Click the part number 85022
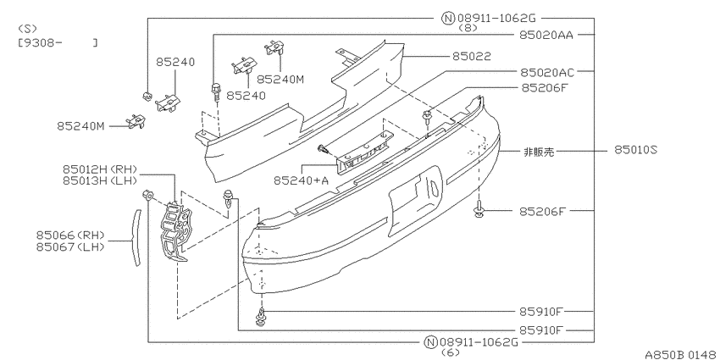pyautogui.click(x=472, y=56)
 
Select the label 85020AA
pyautogui.click(x=546, y=35)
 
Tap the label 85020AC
pyautogui.click(x=547, y=72)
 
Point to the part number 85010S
pyautogui.click(x=636, y=150)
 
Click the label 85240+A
pyautogui.click(x=302, y=180)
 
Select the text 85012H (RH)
pyautogui.click(x=100, y=169)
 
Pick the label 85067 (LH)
pyautogui.click(x=70, y=247)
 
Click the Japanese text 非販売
pyautogui.click(x=539, y=152)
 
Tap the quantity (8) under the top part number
pyautogui.click(x=468, y=28)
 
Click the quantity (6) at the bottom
pyautogui.click(x=450, y=352)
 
